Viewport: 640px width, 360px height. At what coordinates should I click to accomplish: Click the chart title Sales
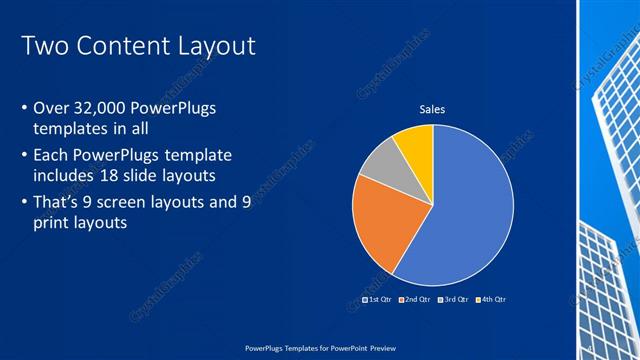pyautogui.click(x=432, y=109)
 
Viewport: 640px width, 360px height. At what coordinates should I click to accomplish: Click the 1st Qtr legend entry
pyautogui.click(x=379, y=299)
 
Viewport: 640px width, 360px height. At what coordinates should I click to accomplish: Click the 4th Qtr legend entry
pyautogui.click(x=492, y=299)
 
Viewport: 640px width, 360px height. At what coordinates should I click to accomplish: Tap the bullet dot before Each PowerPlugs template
pyautogui.click(x=24, y=157)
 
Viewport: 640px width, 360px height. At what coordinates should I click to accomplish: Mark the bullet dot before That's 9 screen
pyautogui.click(x=24, y=204)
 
